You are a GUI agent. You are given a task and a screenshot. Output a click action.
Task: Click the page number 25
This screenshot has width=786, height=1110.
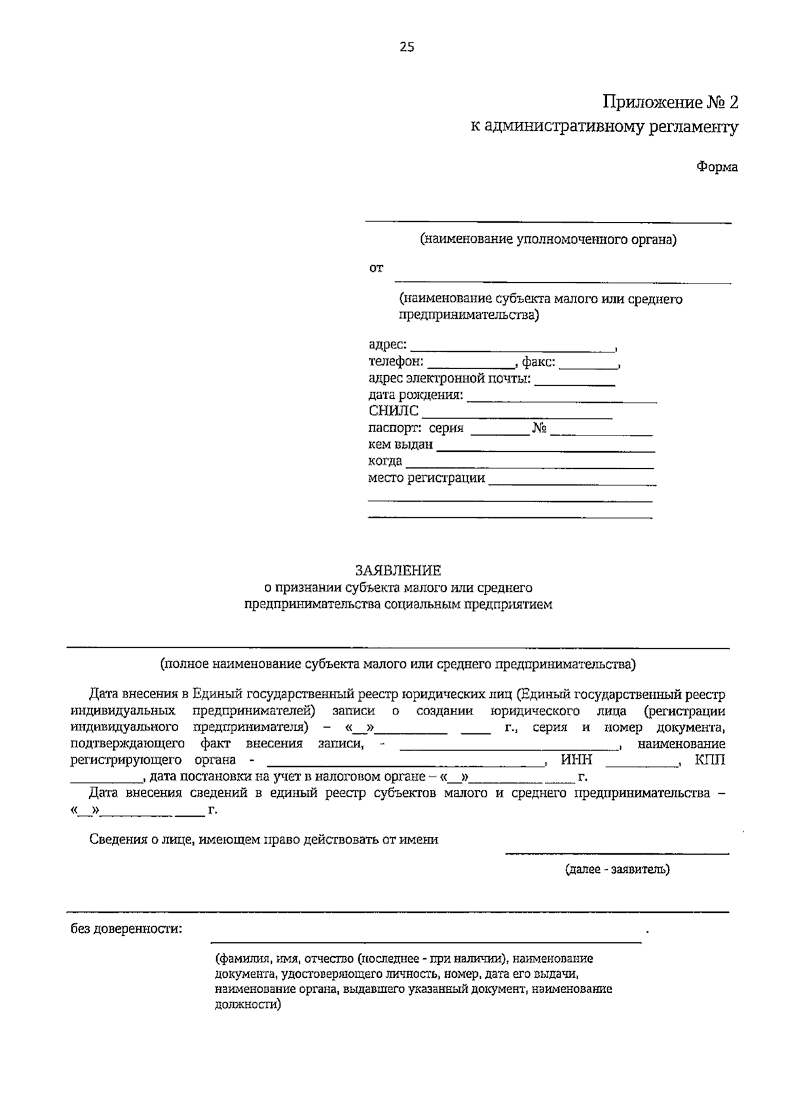406,46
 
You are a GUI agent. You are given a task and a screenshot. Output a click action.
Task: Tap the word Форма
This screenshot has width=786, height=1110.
717,167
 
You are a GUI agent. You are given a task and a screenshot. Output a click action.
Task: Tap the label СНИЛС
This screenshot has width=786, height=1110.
393,411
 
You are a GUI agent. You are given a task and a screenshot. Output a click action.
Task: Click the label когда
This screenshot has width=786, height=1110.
385,461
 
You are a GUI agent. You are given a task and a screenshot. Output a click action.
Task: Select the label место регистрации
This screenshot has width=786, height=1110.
426,478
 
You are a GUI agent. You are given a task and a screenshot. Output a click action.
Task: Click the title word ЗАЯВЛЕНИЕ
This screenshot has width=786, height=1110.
398,571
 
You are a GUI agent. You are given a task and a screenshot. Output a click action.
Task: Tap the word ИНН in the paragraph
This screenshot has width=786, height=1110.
576,760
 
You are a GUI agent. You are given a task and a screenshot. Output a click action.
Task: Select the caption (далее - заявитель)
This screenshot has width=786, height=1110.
617,870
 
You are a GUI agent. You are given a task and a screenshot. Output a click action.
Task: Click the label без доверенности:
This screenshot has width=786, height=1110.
126,929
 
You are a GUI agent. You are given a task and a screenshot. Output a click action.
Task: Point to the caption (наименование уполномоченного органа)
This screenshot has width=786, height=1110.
548,240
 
